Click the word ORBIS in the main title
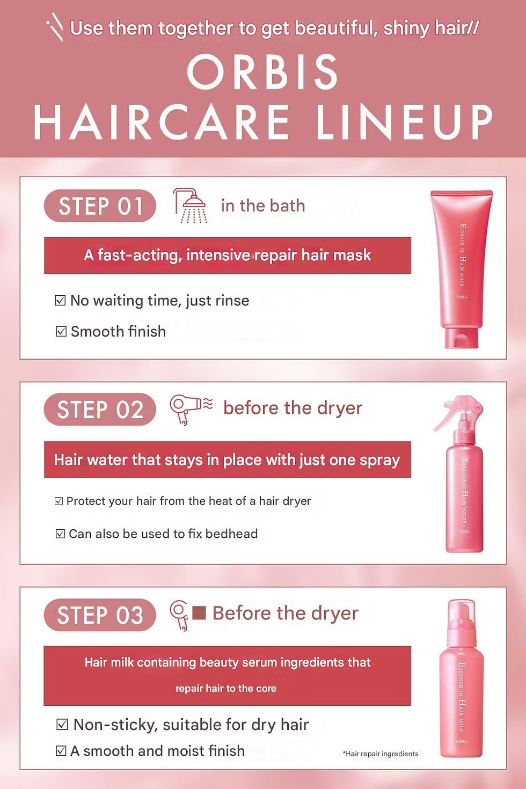pos(263,72)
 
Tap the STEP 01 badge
pos(100,206)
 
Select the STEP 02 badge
pos(100,410)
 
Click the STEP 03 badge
pos(100,615)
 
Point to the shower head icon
pos(190,206)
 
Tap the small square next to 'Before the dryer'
pos(199,613)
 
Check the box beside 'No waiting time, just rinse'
pos(60,301)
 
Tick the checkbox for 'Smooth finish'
pos(61,332)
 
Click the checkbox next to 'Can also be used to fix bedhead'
pos(60,534)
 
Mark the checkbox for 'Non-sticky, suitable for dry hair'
pos(62,725)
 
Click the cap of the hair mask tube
pos(461,338)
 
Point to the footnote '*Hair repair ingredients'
pos(381,754)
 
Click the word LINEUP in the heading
pos(404,122)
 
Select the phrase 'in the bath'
pos(263,206)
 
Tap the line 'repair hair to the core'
pos(226,688)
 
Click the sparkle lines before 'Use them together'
pos(55,27)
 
